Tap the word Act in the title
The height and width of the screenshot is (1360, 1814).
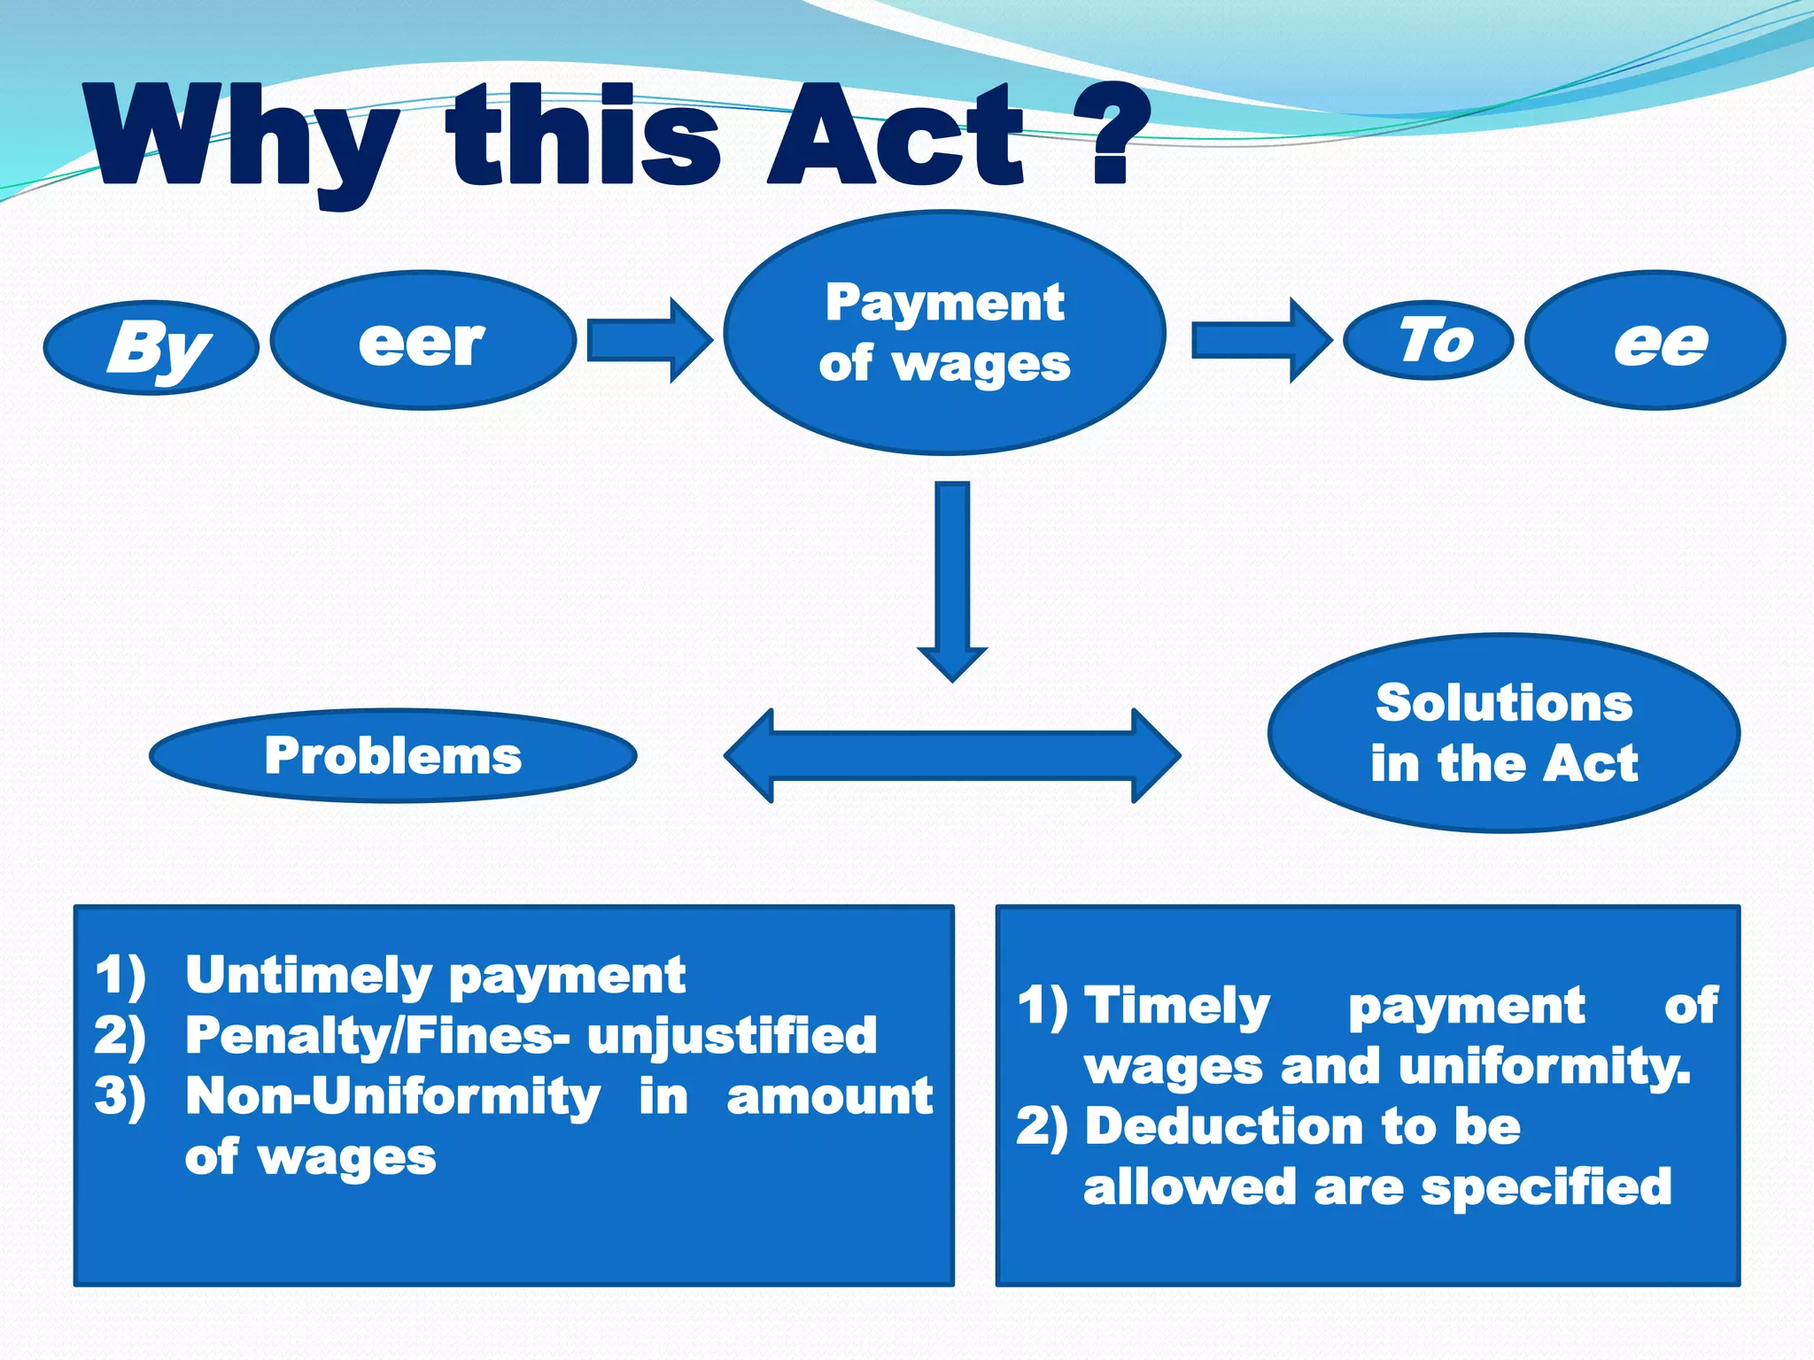895,137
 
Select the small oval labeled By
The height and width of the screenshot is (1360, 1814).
151,347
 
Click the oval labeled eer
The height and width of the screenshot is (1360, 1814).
422,341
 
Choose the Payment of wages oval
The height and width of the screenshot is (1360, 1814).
944,333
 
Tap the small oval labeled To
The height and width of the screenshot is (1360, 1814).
1428,340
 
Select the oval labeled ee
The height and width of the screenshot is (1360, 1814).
1655,341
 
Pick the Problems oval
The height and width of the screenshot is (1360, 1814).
393,755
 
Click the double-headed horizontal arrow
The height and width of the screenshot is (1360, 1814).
952,755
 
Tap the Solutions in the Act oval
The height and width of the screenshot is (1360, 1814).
1503,733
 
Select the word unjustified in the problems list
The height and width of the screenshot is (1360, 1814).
732,1036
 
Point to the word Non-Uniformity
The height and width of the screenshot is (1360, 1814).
392,1097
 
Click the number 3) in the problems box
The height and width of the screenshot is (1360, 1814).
120,1097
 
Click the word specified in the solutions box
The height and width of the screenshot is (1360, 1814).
1546,1187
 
